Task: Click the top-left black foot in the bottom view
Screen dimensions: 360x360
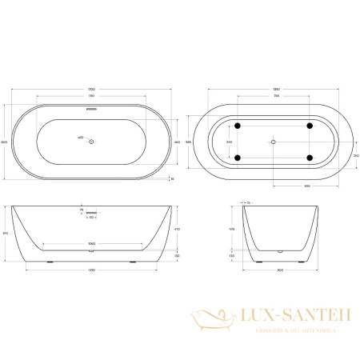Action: coord(237,126)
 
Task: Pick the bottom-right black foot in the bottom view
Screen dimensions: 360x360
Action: coord(310,157)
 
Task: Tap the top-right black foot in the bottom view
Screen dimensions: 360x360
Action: coord(310,126)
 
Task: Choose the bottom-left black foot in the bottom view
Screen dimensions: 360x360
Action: coord(237,157)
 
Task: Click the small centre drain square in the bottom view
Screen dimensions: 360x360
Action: coord(274,142)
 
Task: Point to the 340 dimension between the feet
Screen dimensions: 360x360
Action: coord(230,142)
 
